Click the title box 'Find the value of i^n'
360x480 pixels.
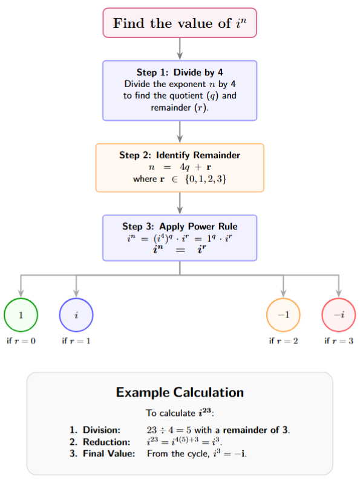[180, 24]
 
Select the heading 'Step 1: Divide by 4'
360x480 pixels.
[180, 73]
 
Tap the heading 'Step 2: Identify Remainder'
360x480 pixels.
[180, 155]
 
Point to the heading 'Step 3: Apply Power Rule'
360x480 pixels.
[180, 227]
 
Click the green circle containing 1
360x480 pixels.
[21, 315]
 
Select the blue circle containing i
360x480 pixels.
[76, 315]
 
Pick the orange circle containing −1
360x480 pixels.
[283, 315]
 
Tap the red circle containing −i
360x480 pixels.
[338, 315]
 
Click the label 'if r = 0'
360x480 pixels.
[21, 341]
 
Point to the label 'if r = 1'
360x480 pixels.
[76, 341]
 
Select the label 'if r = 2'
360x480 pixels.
[283, 341]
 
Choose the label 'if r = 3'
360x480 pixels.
[338, 341]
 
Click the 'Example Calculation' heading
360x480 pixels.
[180, 392]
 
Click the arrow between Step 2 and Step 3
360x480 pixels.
[180, 203]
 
